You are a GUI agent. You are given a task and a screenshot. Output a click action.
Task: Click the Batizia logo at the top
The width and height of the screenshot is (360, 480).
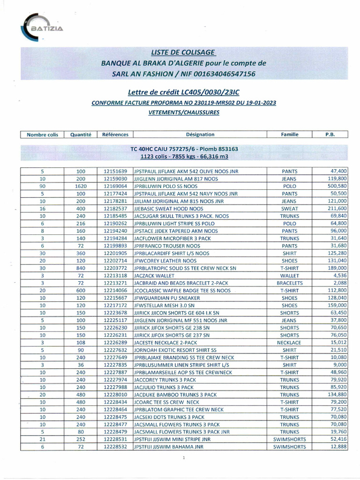pos(45,29)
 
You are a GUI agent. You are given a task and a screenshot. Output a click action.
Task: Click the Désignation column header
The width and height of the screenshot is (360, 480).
pos(200,135)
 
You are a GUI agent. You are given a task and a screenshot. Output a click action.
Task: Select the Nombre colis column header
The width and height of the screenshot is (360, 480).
pos(43,135)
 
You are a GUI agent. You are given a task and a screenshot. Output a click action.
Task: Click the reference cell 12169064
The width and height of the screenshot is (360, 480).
pos(115,186)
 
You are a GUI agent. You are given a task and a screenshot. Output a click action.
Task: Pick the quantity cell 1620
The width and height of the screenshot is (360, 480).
pos(81,186)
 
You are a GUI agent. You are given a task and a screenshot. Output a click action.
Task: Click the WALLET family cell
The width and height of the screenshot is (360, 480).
pos(289,276)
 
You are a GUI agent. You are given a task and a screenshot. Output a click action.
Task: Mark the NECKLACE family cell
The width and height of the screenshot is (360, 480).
pos(289,343)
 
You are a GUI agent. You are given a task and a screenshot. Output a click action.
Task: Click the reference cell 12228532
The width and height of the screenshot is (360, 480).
pos(115,447)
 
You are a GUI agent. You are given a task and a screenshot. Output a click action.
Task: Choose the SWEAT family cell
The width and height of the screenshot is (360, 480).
pos(289,208)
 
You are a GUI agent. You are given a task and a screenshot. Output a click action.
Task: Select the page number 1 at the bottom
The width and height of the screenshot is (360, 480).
pos(184,458)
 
